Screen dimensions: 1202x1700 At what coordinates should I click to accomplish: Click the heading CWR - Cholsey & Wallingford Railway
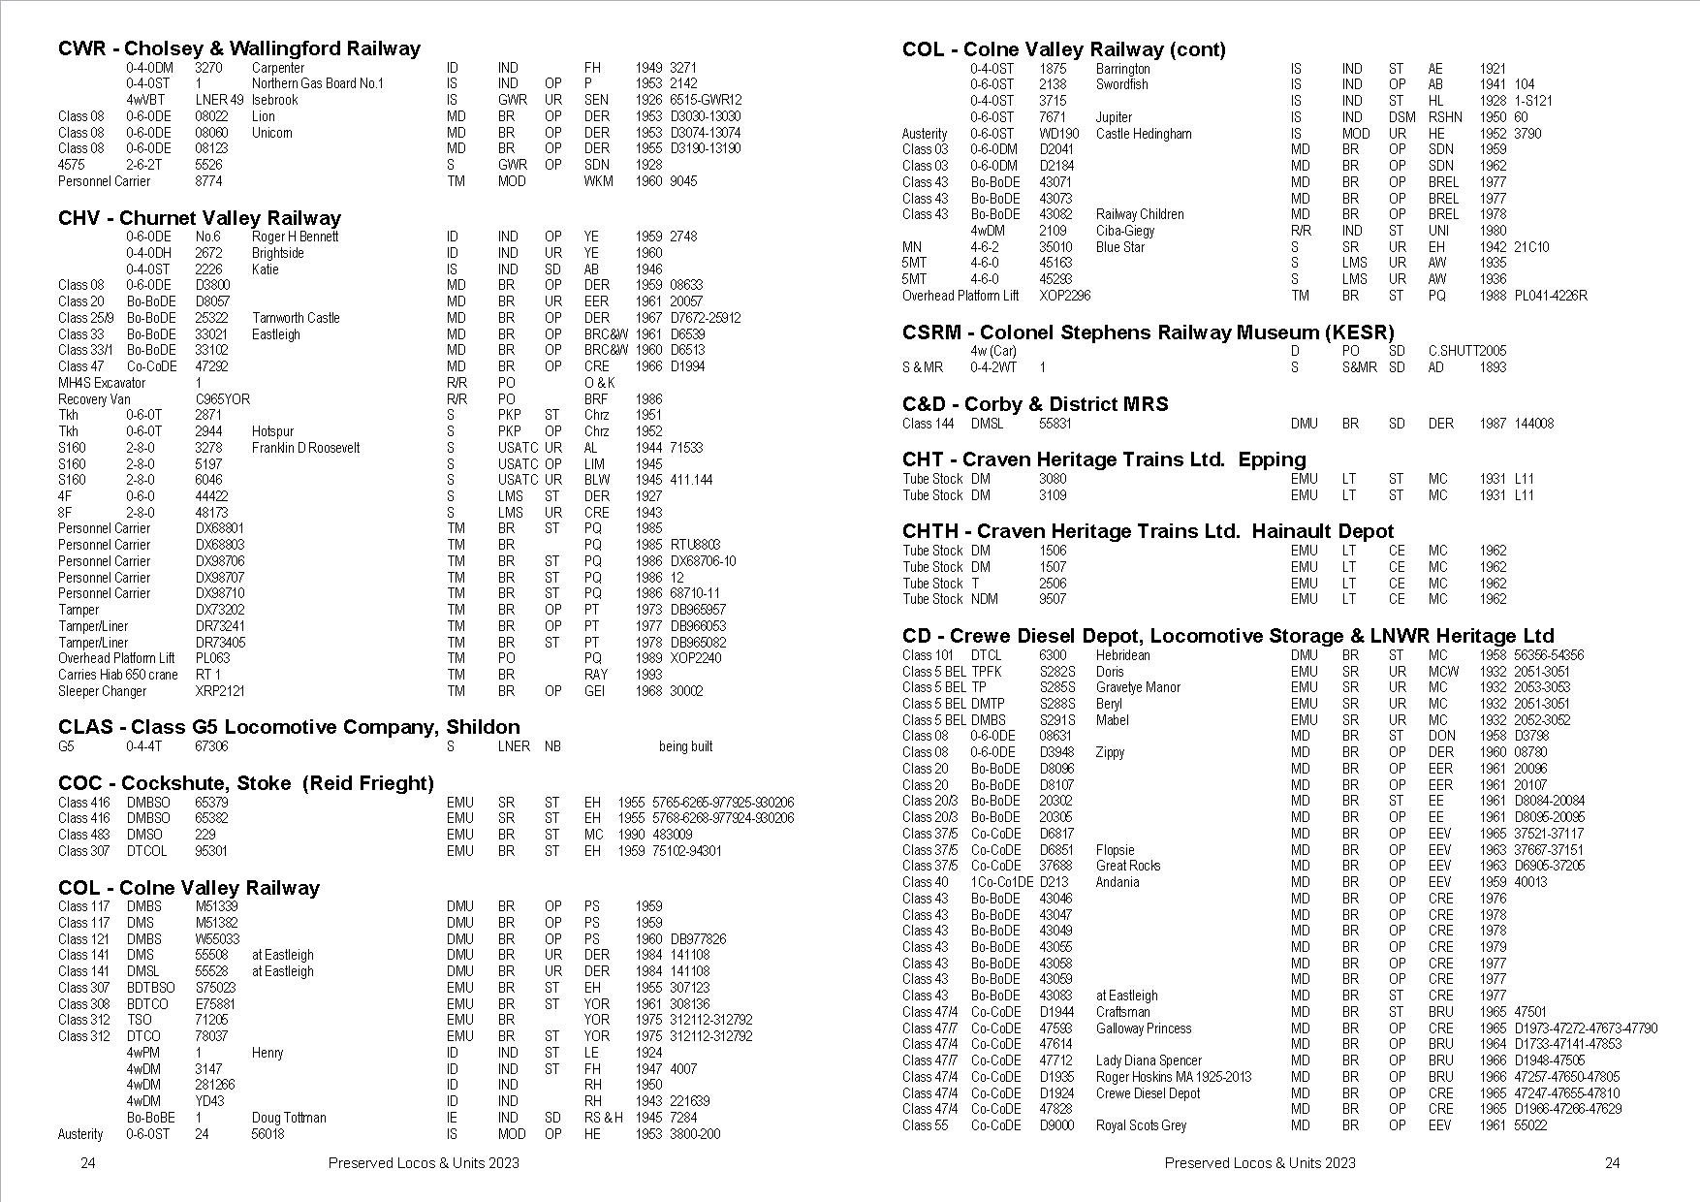239,48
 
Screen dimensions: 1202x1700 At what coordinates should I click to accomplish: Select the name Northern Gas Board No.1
317,83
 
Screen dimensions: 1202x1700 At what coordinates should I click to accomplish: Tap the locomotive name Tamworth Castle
296,318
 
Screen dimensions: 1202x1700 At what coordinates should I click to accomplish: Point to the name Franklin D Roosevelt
305,448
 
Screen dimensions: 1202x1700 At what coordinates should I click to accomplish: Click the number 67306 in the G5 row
212,746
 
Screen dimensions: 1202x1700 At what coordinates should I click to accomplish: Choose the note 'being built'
685,746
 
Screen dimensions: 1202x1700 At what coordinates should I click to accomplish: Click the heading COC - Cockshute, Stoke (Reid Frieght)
246,783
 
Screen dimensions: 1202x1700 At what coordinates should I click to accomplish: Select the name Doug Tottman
289,1118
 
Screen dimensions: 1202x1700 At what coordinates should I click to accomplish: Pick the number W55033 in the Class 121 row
217,939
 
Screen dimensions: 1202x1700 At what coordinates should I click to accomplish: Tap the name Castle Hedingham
1144,134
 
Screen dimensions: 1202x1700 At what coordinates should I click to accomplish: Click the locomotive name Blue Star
1120,247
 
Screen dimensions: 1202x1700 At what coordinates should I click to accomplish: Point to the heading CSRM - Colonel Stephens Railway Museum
1148,332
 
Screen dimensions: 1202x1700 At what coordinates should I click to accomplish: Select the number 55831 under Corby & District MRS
1055,424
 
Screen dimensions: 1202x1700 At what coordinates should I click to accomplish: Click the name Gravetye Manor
1138,687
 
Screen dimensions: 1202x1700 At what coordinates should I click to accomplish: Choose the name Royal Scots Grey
1141,1125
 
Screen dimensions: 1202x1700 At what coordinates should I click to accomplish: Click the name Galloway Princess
1143,1028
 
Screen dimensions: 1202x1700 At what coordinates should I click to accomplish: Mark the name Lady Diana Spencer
1148,1060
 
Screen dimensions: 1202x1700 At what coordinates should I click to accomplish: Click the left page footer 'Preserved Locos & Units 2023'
424,1163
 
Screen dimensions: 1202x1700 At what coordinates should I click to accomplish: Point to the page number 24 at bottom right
1612,1163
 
